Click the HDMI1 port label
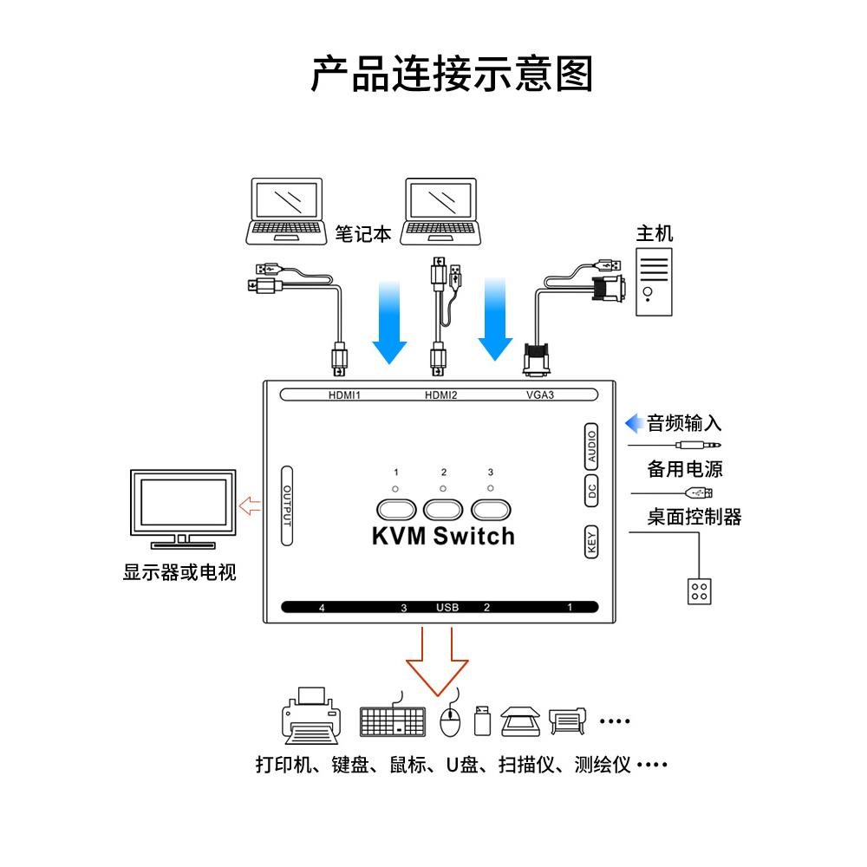[343, 396]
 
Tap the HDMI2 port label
[440, 396]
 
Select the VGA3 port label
[539, 396]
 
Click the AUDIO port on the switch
[591, 446]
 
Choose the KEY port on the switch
[591, 542]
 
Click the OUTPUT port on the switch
[287, 507]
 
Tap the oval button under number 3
[492, 507]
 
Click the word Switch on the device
[474, 537]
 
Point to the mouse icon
[449, 721]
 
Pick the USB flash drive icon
[483, 720]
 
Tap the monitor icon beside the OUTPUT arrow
[182, 510]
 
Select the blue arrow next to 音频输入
[635, 423]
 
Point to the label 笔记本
[363, 234]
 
